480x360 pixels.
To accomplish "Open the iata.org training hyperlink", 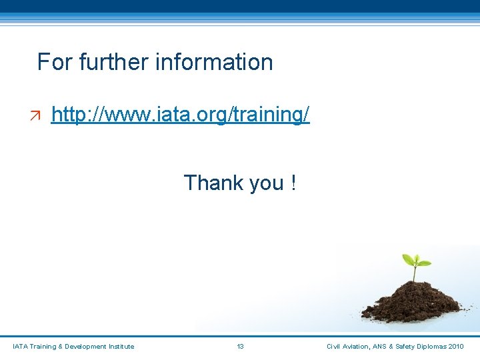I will [180, 115].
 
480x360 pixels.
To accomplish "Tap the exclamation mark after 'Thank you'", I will [293, 182].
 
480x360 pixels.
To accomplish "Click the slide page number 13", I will [240, 346].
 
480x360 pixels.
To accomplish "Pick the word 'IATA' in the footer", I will [21, 346].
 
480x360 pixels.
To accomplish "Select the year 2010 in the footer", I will [457, 346].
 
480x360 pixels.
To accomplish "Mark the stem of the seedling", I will [414, 273].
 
